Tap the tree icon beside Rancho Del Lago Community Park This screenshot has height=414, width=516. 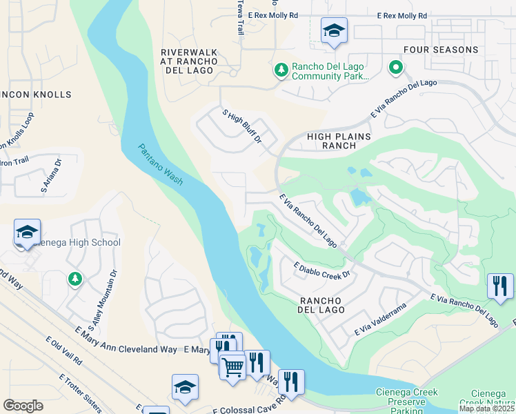(281, 69)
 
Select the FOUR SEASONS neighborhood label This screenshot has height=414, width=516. (441, 50)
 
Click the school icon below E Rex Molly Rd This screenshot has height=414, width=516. (334, 31)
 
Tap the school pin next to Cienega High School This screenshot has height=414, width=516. (27, 233)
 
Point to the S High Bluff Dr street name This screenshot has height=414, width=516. (241, 126)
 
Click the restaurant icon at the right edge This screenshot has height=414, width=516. (499, 286)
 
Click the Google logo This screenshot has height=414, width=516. (23, 406)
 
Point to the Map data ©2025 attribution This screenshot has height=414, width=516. (486, 408)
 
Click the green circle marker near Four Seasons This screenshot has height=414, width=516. (396, 68)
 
